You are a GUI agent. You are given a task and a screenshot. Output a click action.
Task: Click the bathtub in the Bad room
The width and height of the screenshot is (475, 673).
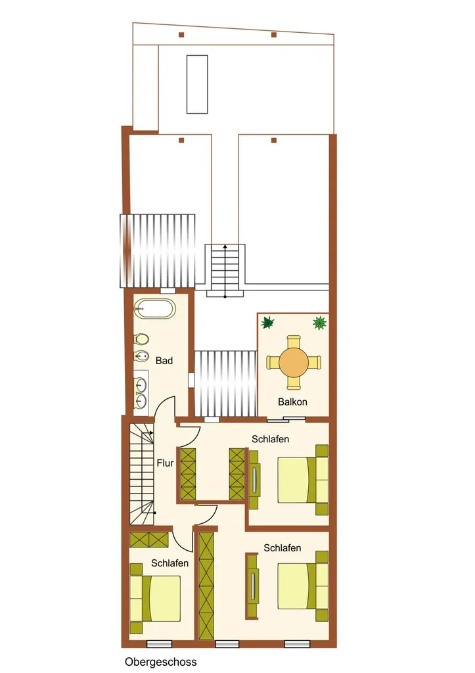(x=154, y=309)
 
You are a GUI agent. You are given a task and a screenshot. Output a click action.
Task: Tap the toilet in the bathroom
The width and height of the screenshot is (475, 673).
(x=141, y=339)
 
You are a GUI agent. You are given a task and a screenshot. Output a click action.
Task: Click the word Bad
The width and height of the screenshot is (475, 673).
(x=164, y=361)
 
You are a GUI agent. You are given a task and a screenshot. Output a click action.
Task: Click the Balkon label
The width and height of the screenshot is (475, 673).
(x=292, y=402)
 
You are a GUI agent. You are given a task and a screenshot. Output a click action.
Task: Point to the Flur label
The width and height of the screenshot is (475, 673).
(x=165, y=463)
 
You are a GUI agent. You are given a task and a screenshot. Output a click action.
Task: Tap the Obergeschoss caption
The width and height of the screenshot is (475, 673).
(x=161, y=662)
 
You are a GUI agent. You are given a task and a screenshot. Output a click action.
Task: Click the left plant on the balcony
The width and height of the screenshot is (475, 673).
(x=267, y=322)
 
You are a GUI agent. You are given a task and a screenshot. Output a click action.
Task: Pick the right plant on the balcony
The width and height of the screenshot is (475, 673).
(x=320, y=323)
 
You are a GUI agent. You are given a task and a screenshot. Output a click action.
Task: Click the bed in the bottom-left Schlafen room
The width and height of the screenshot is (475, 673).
(x=155, y=598)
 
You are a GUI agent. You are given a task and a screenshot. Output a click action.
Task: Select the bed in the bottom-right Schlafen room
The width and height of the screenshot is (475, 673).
(x=303, y=586)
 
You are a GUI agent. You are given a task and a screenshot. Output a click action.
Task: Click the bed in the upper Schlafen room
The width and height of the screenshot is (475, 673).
(x=303, y=480)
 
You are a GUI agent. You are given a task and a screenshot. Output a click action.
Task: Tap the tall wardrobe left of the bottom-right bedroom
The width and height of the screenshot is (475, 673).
(x=206, y=586)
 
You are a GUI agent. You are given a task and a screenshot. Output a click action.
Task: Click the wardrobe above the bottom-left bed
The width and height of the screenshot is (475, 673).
(x=149, y=540)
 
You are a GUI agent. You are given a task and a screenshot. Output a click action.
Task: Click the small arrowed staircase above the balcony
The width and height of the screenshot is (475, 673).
(x=225, y=270)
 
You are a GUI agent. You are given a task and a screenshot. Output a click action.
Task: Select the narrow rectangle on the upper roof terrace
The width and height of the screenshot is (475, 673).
(x=197, y=84)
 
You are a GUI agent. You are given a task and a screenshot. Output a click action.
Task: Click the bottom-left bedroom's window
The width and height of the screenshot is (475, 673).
(x=159, y=644)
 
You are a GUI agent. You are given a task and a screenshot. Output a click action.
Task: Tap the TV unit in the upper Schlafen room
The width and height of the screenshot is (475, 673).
(x=254, y=479)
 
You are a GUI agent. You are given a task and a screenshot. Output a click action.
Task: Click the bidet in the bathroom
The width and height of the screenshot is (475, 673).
(x=141, y=356)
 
